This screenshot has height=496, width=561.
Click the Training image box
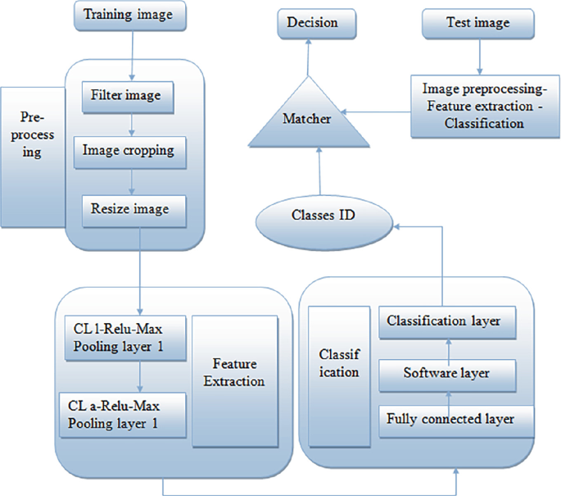pyautogui.click(x=130, y=14)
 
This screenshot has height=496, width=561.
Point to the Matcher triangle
pyautogui.click(x=308, y=120)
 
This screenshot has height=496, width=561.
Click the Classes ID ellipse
pyautogui.click(x=323, y=218)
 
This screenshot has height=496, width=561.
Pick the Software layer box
pyautogui.click(x=446, y=373)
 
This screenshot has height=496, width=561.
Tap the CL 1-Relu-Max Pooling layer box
pyautogui.click(x=124, y=336)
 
